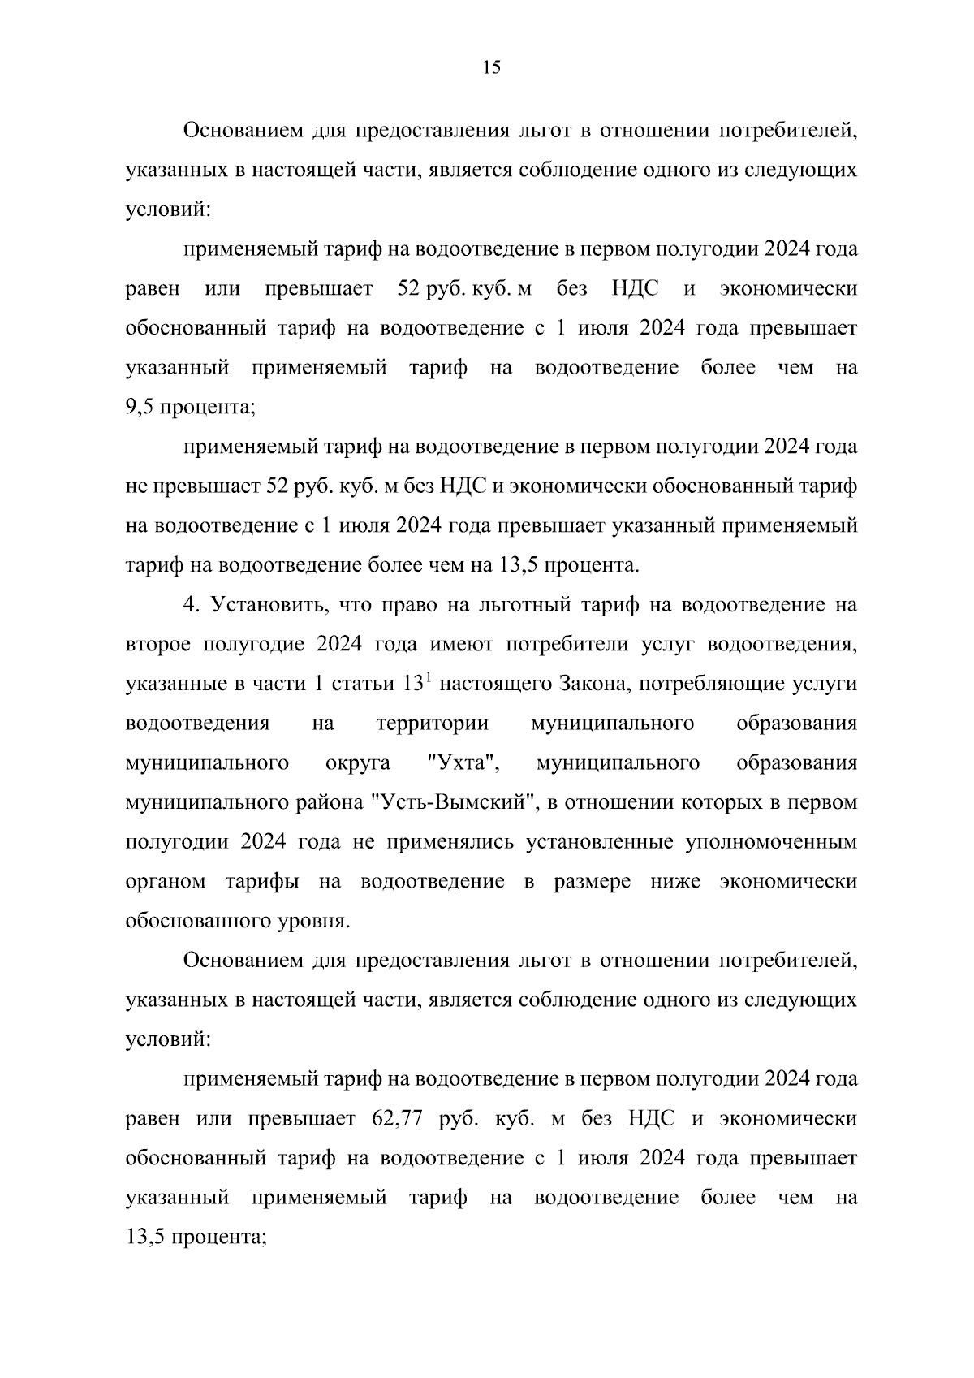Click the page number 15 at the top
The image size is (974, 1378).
tap(491, 68)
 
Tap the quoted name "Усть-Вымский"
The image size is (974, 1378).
tap(455, 803)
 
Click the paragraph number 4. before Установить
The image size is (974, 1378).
tap(191, 605)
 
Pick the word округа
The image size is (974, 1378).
tap(357, 763)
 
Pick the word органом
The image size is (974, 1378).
tap(166, 882)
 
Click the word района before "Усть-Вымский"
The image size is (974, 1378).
tap(327, 803)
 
